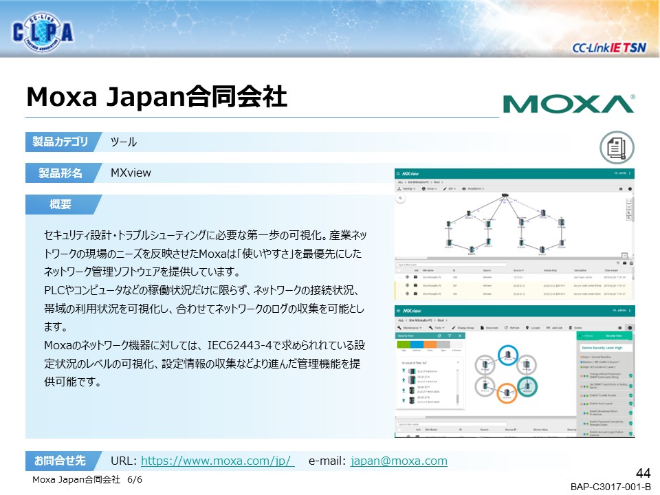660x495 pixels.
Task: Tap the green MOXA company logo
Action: click(x=568, y=104)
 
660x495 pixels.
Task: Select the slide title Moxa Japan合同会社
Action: click(x=156, y=97)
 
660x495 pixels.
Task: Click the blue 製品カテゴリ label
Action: click(x=60, y=142)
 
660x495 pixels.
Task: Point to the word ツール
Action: click(x=124, y=142)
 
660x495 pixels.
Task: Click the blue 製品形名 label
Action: click(x=60, y=173)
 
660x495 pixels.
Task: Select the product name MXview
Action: click(x=131, y=173)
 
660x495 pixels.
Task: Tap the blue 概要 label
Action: click(x=60, y=204)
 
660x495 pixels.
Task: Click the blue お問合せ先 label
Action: click(x=60, y=460)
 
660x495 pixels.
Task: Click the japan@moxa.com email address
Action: click(x=399, y=461)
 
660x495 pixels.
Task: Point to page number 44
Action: click(x=643, y=473)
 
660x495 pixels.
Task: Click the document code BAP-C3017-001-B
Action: click(x=610, y=487)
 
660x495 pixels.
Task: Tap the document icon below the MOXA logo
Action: click(x=617, y=146)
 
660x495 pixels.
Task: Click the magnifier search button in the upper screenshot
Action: click(x=399, y=199)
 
